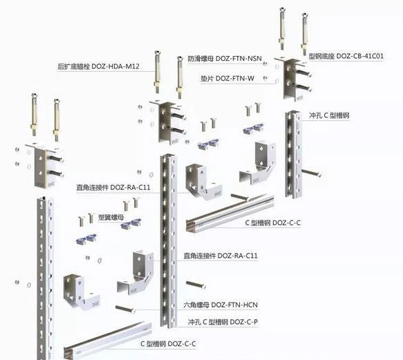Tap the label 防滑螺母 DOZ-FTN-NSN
click(x=225, y=59)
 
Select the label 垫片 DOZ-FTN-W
click(x=227, y=78)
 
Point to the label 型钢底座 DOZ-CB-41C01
click(x=346, y=56)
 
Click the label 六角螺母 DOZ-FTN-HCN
click(x=221, y=305)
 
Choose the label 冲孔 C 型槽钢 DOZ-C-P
click(x=223, y=322)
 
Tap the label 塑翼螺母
click(x=111, y=218)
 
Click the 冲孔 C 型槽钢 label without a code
click(x=329, y=115)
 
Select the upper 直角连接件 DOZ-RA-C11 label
click(x=113, y=187)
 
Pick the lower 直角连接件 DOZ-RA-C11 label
click(x=221, y=256)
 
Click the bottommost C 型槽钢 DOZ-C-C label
click(x=168, y=343)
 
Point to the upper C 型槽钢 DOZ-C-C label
click(x=272, y=222)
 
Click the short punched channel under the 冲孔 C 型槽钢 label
click(x=293, y=154)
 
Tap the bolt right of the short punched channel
click(x=311, y=173)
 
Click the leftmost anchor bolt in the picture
click(x=35, y=114)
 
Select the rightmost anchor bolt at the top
click(x=305, y=34)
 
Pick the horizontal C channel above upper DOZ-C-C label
click(x=230, y=214)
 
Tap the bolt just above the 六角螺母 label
click(x=196, y=285)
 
